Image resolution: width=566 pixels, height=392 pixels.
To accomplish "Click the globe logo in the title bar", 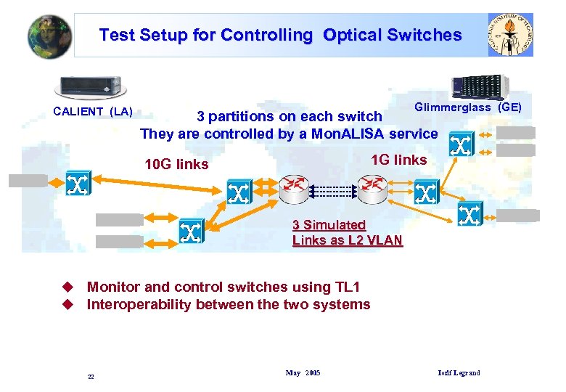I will pos(49,35).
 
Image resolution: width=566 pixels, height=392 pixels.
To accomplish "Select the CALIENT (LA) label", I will pos(93,111).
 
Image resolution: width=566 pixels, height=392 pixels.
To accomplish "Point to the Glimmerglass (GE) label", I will pos(468,107).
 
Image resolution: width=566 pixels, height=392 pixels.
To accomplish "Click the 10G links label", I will pos(176,164).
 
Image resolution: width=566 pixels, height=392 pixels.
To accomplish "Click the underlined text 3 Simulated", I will pos(329,225).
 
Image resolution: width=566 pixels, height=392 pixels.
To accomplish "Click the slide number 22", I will pos(91,377).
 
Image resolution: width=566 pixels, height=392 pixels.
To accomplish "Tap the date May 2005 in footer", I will pos(303,373).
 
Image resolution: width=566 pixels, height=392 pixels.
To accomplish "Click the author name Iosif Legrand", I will pos(459,373).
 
